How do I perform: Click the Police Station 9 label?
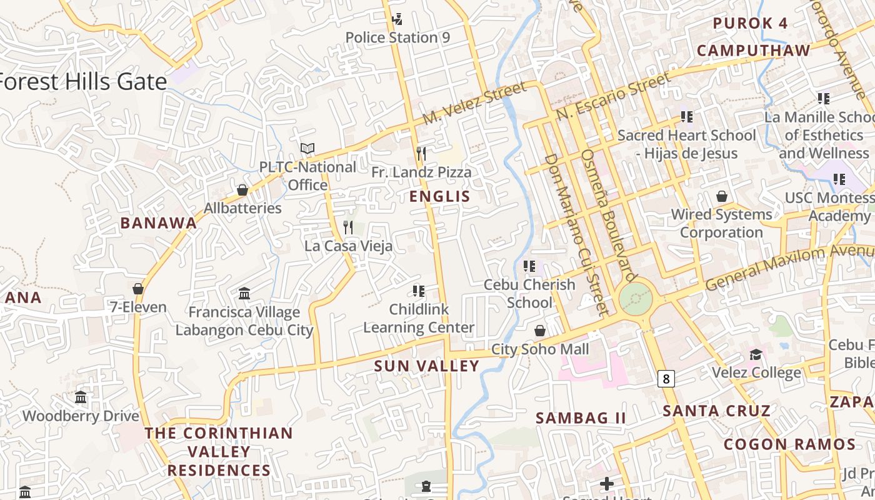pos(397,37)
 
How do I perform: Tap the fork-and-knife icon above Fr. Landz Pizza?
pos(421,154)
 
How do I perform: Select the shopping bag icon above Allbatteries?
pos(242,190)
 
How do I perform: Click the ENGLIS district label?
pos(439,197)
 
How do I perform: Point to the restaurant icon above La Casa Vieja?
pos(349,227)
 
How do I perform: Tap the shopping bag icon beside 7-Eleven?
pos(138,289)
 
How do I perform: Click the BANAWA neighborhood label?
pos(158,223)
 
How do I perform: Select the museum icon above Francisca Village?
pos(244,293)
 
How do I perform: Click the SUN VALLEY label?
pos(426,366)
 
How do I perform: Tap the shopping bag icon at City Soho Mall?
pos(540,331)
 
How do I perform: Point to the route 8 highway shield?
pos(667,378)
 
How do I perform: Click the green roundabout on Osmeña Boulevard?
pos(636,299)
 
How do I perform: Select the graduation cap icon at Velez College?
pos(756,355)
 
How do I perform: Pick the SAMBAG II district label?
pos(581,418)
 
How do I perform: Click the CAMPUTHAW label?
pos(753,51)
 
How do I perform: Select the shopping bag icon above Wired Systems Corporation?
pos(722,196)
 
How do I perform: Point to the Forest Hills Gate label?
pos(82,82)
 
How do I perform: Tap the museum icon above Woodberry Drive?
pos(81,397)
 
